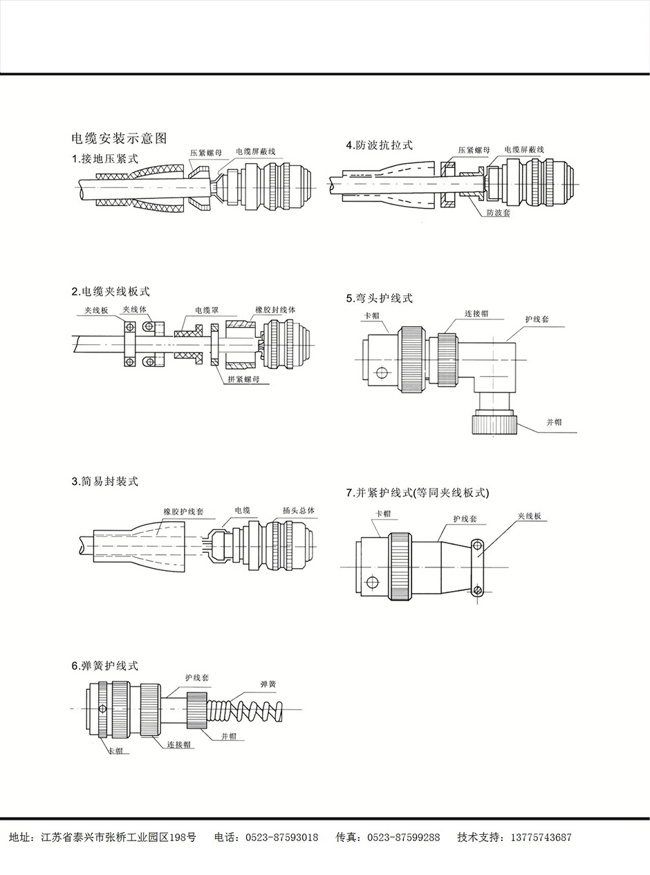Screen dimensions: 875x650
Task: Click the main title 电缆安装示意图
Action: (x=120, y=138)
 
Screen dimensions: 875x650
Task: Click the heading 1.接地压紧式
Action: (x=105, y=159)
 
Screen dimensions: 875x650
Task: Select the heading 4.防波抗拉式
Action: (x=379, y=145)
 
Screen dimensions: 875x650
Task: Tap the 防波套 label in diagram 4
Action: (x=498, y=213)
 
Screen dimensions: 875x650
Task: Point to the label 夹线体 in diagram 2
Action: (x=135, y=310)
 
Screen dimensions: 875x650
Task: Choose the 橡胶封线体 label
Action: (x=275, y=310)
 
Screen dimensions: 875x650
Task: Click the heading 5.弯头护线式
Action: (x=379, y=299)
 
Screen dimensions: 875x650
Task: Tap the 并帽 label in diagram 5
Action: (x=554, y=422)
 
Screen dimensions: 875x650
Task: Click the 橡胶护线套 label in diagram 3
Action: (x=183, y=512)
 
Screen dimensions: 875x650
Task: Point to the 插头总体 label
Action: (x=299, y=511)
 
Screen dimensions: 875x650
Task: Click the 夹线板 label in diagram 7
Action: (x=530, y=516)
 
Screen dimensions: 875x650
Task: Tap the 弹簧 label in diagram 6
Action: (x=268, y=684)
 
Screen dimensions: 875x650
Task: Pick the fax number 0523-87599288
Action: (x=402, y=838)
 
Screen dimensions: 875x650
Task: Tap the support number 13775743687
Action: (x=541, y=838)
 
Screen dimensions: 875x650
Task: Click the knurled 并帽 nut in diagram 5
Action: (x=494, y=422)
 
